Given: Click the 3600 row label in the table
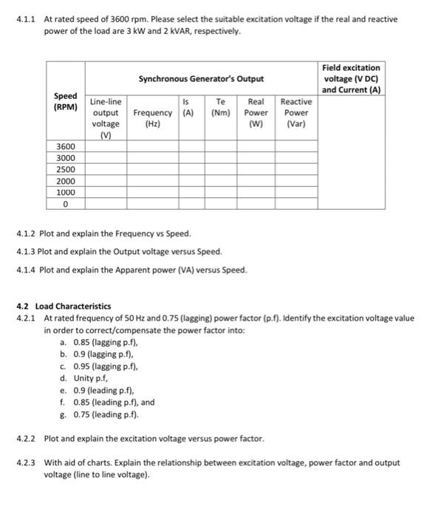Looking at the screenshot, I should coord(66,146).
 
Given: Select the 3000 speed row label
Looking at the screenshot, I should coord(66,157).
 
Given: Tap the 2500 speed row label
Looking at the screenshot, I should coord(66,169).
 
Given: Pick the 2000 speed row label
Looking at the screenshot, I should coord(66,180).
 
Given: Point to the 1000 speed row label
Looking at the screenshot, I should coord(66,191).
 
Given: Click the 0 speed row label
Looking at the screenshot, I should coord(66,203).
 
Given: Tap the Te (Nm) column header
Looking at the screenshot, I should coord(220,108).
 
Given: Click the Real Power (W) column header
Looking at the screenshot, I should coord(256,113).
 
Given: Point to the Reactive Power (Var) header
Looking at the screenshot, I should coord(296,113).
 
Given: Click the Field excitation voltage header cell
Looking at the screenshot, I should coord(352,78).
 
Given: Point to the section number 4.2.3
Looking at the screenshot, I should coord(27,463).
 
